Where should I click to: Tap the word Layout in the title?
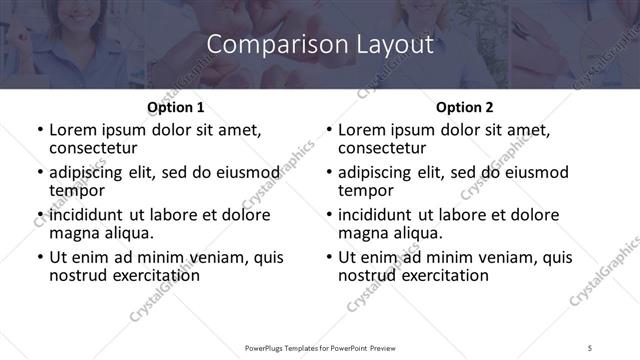click(391, 45)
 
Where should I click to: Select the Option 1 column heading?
click(175, 107)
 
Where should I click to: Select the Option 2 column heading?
click(465, 107)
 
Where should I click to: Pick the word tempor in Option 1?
click(76, 190)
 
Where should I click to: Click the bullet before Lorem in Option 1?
click(40, 130)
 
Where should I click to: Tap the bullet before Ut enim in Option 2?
click(329, 258)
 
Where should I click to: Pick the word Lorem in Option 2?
click(362, 130)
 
